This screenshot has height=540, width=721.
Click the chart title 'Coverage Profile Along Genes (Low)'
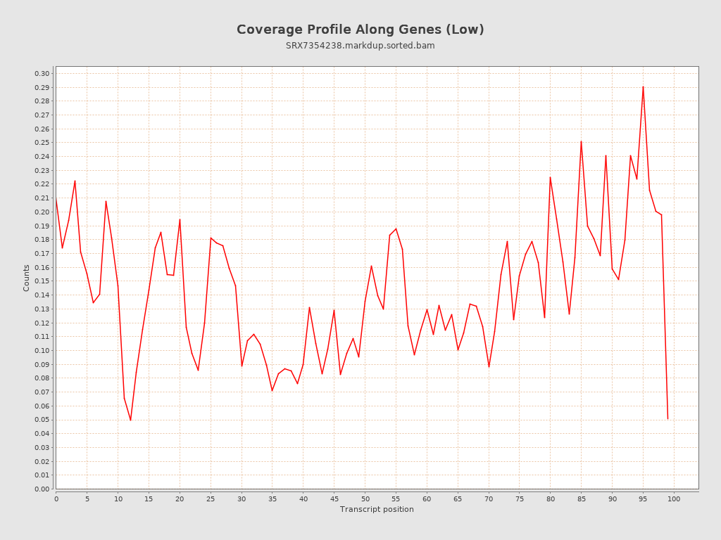click(360, 30)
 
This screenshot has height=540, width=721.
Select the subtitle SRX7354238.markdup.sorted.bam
click(360, 46)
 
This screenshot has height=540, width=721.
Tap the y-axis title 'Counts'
click(27, 278)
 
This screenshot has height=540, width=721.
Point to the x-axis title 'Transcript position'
click(377, 509)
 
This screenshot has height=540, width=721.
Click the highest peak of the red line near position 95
click(643, 86)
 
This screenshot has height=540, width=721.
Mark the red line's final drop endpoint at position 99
click(667, 419)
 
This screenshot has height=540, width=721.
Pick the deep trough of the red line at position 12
click(130, 420)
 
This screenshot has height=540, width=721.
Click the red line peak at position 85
click(581, 141)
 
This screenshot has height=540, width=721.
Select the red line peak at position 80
click(550, 177)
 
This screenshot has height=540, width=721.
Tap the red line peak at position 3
click(75, 181)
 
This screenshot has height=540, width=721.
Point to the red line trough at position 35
click(272, 391)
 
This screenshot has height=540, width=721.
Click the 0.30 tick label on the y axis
click(42, 74)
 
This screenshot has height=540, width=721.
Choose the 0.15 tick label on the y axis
click(42, 281)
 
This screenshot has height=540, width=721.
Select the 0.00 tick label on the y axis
click(42, 489)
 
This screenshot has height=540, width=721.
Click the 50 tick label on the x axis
click(365, 499)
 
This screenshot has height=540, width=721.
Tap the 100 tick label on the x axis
click(674, 499)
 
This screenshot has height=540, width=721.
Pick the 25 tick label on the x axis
click(211, 499)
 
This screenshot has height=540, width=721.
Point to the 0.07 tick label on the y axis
click(42, 392)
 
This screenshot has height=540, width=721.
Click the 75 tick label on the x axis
click(520, 499)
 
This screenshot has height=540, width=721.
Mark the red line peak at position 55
click(396, 229)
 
